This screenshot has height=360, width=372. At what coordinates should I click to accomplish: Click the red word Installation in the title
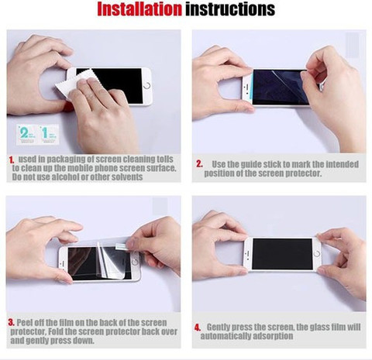coord(139,9)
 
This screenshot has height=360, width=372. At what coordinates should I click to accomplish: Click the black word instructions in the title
coord(230,9)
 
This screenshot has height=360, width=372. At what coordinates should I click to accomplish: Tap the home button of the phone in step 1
coord(147,86)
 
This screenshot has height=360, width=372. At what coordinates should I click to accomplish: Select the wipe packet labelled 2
coord(26,134)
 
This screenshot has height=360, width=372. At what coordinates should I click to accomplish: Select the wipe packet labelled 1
coord(49,134)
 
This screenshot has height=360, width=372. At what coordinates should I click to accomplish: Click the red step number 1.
coord(12,160)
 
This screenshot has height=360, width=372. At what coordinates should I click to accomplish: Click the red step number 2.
coord(199,164)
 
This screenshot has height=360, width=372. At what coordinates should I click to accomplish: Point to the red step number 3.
coord(11,322)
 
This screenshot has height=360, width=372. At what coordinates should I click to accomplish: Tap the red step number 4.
coord(198,327)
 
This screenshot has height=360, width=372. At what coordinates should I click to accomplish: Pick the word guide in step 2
coord(250,164)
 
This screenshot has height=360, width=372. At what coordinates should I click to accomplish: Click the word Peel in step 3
coord(24,323)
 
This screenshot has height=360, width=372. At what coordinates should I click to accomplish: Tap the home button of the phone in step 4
coord(317,254)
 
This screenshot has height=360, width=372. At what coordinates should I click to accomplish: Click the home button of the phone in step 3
coord(135,262)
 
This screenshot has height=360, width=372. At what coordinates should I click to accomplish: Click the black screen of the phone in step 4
coord(282,254)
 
